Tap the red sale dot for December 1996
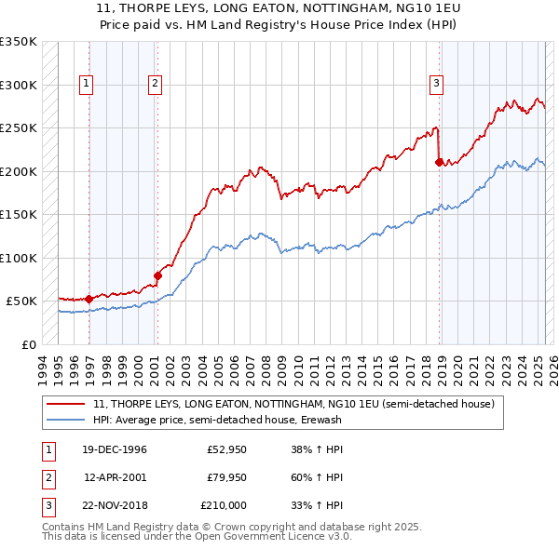coord(89,299)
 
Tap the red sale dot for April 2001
coord(157,275)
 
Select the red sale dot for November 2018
coord(438,162)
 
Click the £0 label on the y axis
coord(27,344)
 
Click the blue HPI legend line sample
coord(66,420)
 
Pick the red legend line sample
coord(66,404)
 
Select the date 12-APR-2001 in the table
coord(115,477)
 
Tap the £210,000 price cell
coord(224,505)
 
